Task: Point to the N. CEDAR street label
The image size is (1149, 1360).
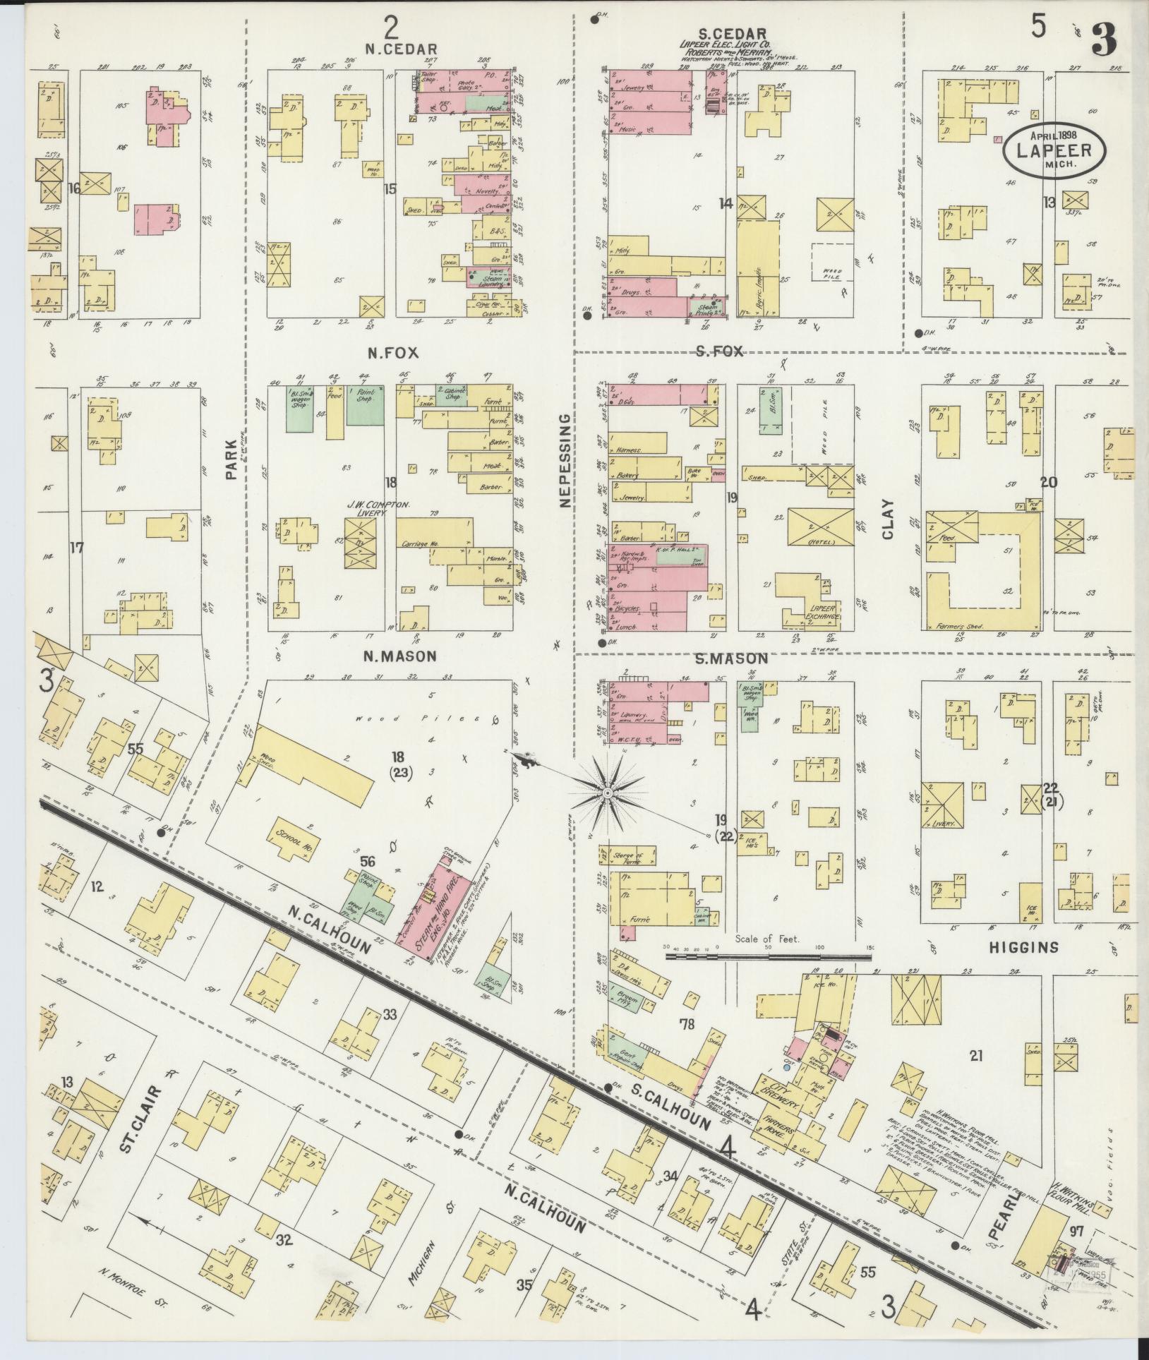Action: coord(402,49)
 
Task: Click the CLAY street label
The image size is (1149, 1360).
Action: coord(886,519)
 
